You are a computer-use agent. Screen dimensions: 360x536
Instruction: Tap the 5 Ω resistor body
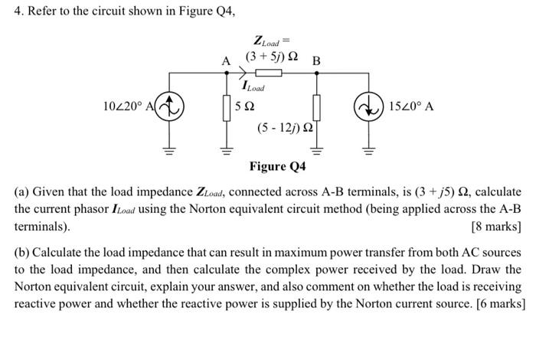(227, 106)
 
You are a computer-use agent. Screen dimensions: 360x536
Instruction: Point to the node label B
(317, 61)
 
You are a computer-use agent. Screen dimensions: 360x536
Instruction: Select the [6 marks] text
(499, 303)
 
